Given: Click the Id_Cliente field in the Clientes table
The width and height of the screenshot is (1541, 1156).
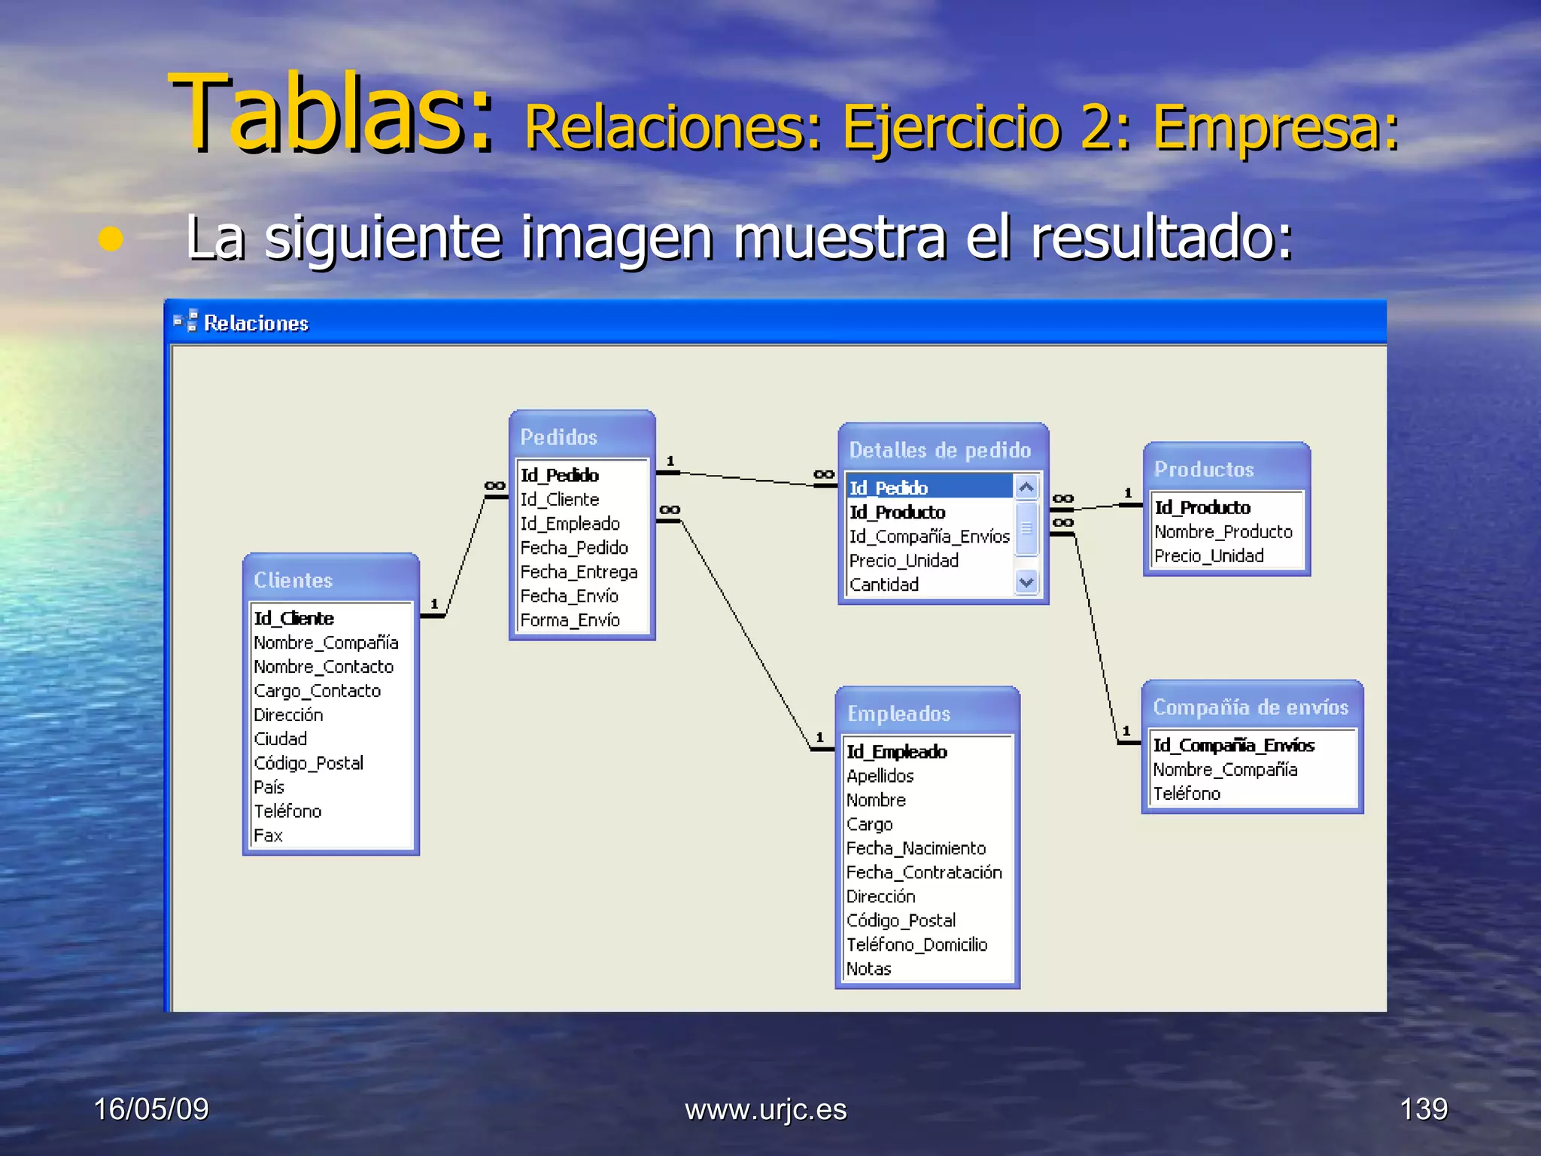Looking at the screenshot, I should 294,619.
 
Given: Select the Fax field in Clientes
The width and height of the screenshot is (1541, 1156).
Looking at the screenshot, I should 269,835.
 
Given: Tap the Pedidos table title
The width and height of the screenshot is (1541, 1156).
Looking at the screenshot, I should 559,437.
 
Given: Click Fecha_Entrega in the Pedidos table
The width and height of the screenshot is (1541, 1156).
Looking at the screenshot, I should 579,572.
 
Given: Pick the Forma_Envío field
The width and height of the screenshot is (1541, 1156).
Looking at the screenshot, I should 570,620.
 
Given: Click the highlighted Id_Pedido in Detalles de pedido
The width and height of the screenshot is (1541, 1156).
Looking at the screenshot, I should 889,488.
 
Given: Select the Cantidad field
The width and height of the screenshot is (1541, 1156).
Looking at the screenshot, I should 884,585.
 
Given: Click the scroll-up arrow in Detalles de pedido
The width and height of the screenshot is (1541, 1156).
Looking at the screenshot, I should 1026,488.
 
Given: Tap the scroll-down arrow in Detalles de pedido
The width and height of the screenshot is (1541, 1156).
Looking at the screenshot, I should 1026,582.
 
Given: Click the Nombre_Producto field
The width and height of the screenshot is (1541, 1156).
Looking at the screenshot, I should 1223,532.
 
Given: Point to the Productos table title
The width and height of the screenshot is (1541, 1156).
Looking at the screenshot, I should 1204,470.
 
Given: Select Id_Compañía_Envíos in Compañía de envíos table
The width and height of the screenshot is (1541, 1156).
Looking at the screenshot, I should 1234,746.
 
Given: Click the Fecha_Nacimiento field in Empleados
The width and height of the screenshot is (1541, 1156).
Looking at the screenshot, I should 916,849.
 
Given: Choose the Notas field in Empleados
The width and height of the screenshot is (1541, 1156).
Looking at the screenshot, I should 869,969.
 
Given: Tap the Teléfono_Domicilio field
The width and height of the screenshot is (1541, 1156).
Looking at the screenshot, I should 916,945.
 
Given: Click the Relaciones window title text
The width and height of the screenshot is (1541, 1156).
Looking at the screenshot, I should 256,324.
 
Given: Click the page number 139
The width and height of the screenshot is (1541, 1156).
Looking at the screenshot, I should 1424,1109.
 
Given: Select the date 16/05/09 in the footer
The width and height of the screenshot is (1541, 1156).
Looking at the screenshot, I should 151,1109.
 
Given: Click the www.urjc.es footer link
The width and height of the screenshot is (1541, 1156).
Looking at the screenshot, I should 766,1110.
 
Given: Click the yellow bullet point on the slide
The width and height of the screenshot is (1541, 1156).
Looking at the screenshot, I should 111,239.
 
